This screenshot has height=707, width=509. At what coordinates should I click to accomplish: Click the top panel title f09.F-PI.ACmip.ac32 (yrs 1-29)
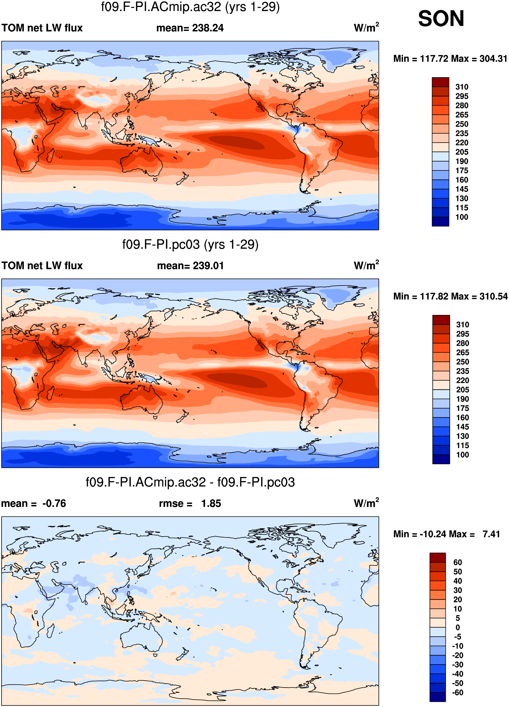coord(190,7)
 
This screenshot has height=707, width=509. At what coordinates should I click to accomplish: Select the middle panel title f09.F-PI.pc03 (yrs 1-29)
coord(190,244)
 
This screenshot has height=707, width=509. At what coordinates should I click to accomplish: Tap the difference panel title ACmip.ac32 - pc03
coord(190,482)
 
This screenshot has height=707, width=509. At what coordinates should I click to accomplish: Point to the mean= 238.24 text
coord(190,28)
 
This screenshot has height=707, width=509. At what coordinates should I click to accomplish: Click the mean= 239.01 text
coord(190,266)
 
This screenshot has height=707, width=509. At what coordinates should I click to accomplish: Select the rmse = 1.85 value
coord(190,503)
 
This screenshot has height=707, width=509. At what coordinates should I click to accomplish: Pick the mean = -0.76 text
coord(34,503)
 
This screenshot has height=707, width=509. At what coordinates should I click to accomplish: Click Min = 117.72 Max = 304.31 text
coord(450,59)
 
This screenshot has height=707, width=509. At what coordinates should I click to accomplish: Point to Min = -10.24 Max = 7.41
coord(446,534)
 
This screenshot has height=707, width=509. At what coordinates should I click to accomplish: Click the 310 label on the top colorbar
coord(462,87)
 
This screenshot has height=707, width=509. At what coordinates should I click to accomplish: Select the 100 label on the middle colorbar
coord(462,455)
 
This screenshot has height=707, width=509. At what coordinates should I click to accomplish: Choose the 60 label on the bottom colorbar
coord(458,562)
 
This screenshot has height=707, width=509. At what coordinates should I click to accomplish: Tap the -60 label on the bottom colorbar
coord(458,692)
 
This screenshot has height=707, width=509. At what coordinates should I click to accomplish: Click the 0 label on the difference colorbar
coord(458,627)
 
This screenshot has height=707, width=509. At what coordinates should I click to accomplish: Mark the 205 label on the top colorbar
coord(462,152)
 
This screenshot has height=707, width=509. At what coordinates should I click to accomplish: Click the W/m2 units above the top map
coord(366,27)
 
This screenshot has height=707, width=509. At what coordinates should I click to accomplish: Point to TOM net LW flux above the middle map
coord(42,266)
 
